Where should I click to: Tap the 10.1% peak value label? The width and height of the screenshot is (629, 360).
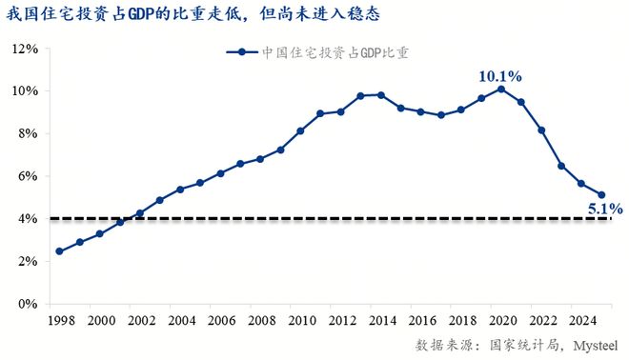500,74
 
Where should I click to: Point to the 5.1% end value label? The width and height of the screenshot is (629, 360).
603,208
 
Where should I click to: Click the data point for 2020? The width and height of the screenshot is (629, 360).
501,90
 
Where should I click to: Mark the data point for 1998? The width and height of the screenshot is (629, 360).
59,251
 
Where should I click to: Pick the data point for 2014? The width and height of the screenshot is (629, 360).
380,95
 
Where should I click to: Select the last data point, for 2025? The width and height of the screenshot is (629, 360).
601,195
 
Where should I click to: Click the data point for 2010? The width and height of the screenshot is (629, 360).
300,130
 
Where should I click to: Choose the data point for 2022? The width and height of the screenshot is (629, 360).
541,130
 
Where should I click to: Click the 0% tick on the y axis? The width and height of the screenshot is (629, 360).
27,304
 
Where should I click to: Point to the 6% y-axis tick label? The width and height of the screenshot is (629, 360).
27,176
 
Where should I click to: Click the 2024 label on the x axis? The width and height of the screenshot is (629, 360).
581,321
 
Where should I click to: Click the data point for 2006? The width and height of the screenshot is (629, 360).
220,173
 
